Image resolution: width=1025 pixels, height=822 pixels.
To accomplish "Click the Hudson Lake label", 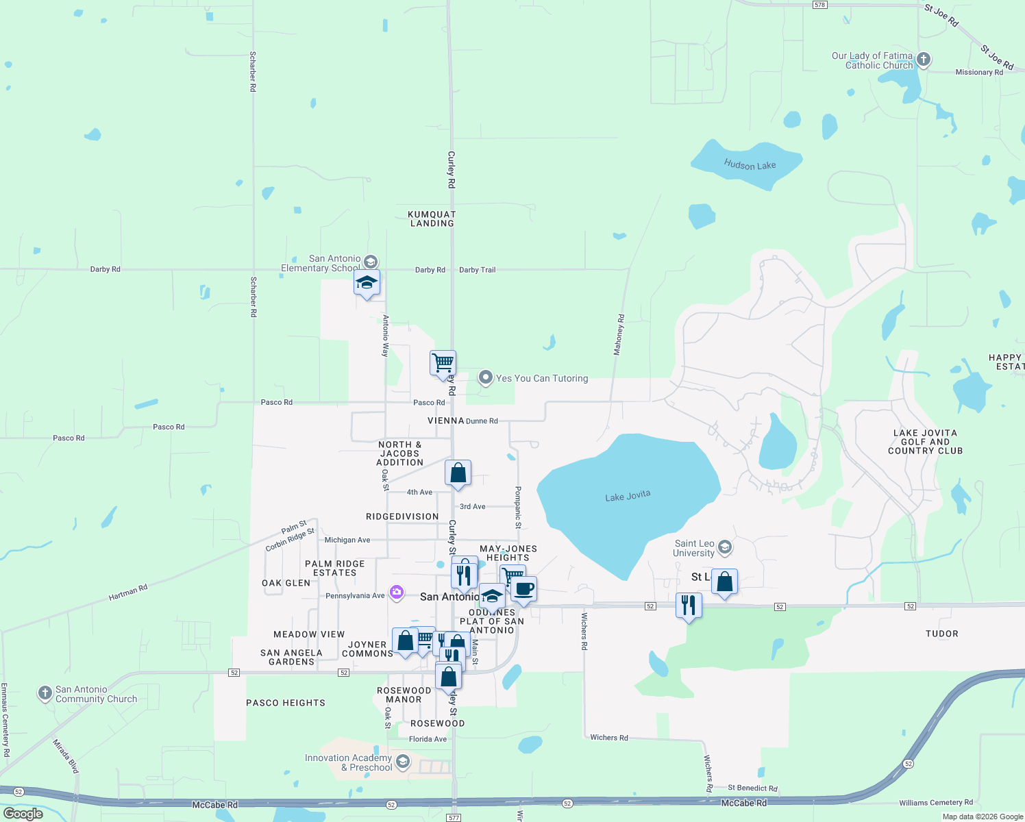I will (x=750, y=165).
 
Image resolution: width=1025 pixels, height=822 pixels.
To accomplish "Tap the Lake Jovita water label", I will (x=628, y=496).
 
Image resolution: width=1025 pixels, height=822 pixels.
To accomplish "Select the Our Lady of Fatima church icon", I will (x=924, y=60).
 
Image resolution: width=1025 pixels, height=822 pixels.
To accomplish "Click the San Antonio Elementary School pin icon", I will (x=371, y=262).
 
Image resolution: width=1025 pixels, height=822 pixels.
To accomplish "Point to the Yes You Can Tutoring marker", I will (x=485, y=377).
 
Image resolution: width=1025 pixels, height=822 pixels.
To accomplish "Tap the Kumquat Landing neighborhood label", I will (x=432, y=219).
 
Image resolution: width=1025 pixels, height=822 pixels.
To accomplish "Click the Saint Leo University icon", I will (x=725, y=547).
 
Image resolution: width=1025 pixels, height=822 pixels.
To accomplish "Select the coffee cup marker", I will (x=523, y=589).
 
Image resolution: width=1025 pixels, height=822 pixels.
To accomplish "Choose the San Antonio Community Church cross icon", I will (x=45, y=693).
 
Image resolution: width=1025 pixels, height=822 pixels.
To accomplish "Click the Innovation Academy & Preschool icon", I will (x=403, y=761).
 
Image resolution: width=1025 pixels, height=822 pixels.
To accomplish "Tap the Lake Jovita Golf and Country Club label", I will (x=925, y=442).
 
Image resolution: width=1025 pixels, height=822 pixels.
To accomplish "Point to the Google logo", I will (x=23, y=813).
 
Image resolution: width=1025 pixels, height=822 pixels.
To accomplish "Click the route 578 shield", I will (x=820, y=5).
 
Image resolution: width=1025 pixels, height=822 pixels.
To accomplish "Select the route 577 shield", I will (x=454, y=817).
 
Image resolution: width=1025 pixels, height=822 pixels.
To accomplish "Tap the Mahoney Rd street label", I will (x=619, y=334).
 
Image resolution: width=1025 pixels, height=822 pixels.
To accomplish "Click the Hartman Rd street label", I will (x=128, y=593).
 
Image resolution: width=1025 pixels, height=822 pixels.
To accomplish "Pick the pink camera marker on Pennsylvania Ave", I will (x=397, y=593).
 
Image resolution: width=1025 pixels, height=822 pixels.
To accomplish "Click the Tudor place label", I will (x=941, y=634).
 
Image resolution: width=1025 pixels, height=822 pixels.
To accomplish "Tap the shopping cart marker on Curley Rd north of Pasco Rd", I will (x=443, y=362).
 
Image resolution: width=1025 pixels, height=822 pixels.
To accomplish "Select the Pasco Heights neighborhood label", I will (x=286, y=703).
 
